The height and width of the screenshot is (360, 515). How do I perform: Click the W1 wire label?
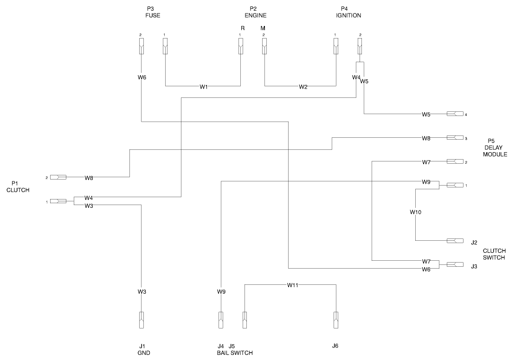[204, 86]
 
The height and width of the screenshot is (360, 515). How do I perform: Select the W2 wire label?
[303, 86]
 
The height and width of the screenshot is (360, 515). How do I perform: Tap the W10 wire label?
[416, 212]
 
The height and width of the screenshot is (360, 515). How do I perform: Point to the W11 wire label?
[293, 285]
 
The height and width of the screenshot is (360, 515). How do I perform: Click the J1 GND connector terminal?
[142, 320]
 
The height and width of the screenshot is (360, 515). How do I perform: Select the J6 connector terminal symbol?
[335, 320]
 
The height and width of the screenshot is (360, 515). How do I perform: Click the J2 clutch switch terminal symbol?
[455, 241]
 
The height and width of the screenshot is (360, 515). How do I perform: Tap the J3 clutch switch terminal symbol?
[455, 264]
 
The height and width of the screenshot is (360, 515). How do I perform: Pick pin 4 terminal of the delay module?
[455, 114]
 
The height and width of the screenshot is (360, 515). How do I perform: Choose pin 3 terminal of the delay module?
[455, 138]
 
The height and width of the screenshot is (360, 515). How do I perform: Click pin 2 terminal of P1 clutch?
[58, 177]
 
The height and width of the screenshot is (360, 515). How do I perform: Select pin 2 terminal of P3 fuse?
[142, 46]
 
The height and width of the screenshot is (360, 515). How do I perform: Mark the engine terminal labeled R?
[240, 46]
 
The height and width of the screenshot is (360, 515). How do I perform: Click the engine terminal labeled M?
[264, 46]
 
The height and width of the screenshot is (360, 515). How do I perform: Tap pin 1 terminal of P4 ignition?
[335, 46]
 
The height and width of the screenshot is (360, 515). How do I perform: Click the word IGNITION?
[348, 15]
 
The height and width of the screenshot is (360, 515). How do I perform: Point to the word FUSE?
[153, 15]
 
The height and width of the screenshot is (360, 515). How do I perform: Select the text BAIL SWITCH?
[235, 353]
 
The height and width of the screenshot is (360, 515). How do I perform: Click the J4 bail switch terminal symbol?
[221, 320]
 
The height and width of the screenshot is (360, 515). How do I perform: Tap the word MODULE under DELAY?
[495, 154]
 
